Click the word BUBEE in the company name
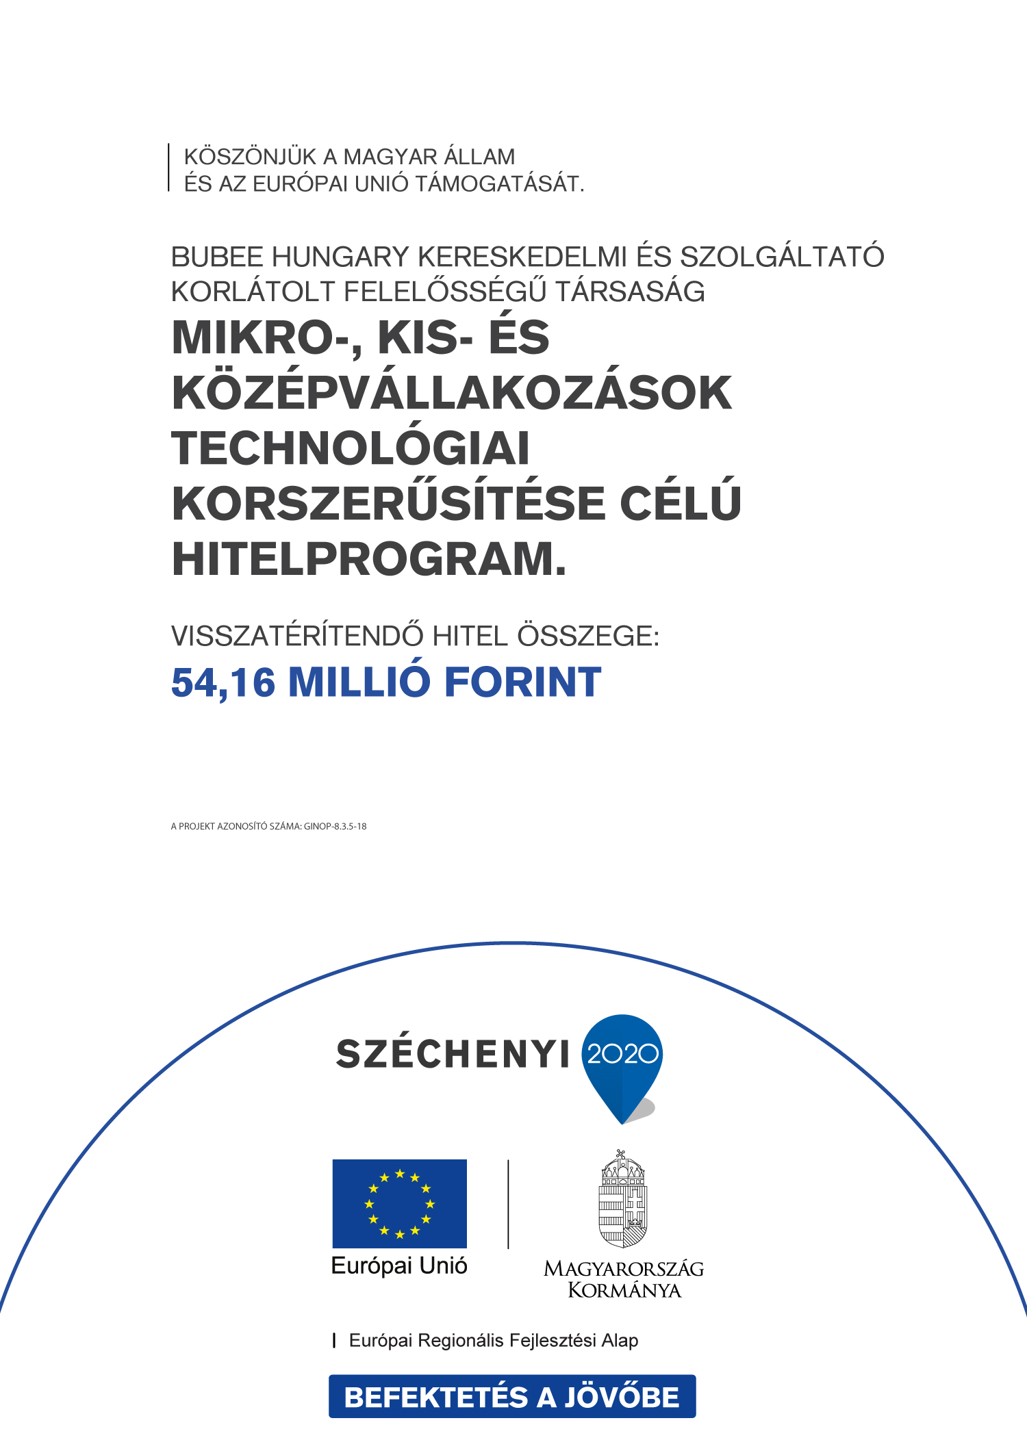[x=217, y=257]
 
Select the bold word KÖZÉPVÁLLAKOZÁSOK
[x=452, y=394]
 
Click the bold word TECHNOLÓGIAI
[x=351, y=449]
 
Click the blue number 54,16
[x=223, y=683]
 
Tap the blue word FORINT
[x=523, y=683]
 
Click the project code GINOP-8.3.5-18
[x=335, y=827]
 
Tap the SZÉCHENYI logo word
[x=453, y=1055]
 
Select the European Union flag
[x=400, y=1204]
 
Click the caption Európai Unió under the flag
[x=399, y=1266]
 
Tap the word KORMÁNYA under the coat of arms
[x=624, y=1291]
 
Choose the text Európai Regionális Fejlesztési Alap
[x=493, y=1341]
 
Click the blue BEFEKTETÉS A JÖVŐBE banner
[x=512, y=1397]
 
